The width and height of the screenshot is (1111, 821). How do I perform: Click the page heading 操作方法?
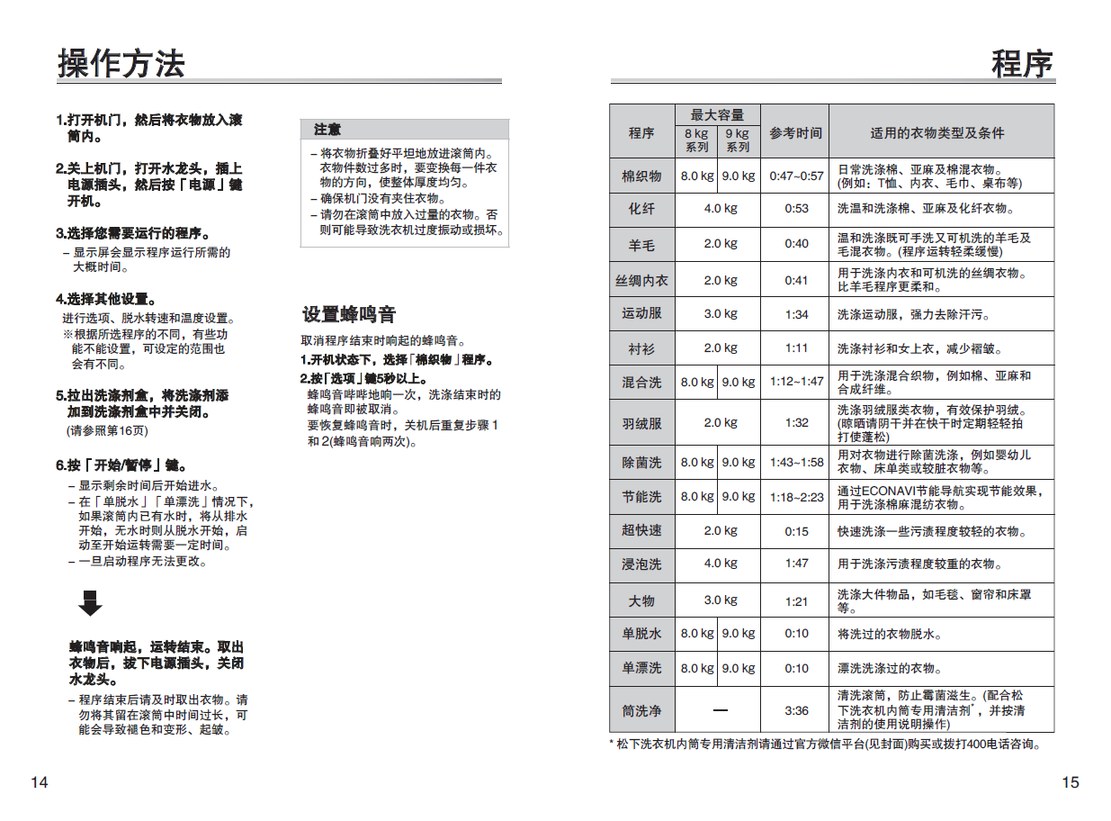point(121,63)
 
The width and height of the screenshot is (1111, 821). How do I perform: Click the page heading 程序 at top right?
point(1022,64)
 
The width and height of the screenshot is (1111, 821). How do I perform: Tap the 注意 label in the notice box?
point(327,130)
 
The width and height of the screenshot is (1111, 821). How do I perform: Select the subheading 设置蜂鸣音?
point(349,314)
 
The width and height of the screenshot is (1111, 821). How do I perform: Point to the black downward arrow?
point(90,602)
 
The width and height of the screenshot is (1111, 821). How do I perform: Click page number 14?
point(40,782)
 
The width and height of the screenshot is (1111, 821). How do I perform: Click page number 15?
point(1070,782)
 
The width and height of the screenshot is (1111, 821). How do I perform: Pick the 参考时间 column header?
point(795,133)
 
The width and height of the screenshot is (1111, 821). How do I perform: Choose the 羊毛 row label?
point(641,245)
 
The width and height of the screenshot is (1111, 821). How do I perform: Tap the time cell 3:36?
point(796,710)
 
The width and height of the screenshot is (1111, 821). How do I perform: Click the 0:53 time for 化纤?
point(796,208)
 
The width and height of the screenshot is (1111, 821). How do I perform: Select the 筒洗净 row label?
point(641,711)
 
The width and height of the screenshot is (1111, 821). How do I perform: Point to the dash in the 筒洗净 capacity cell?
point(720,710)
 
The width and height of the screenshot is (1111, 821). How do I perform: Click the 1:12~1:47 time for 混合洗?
point(796,382)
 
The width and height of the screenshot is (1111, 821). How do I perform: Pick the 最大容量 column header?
point(718,115)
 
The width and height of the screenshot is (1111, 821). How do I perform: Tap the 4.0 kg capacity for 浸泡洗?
point(720,564)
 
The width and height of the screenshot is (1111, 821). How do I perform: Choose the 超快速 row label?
point(641,530)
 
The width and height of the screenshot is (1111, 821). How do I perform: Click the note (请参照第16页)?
point(107,430)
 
